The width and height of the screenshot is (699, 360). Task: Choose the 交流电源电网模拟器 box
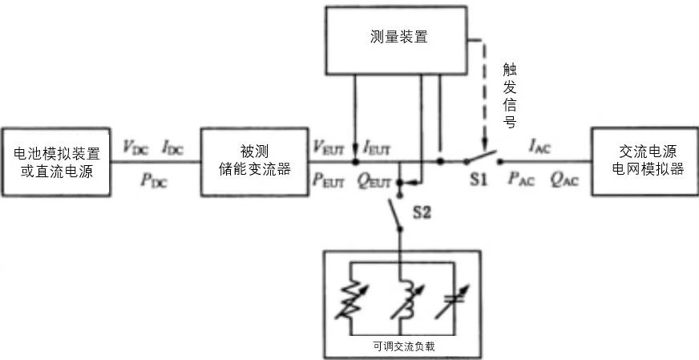(644, 160)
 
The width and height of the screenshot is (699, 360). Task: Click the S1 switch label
(479, 180)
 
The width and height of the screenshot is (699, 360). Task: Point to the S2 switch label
(422, 212)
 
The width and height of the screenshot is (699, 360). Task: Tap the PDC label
(154, 180)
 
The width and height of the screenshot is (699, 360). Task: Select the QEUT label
(374, 180)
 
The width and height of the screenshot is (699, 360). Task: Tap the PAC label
(522, 180)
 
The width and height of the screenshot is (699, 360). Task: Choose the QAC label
(563, 180)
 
